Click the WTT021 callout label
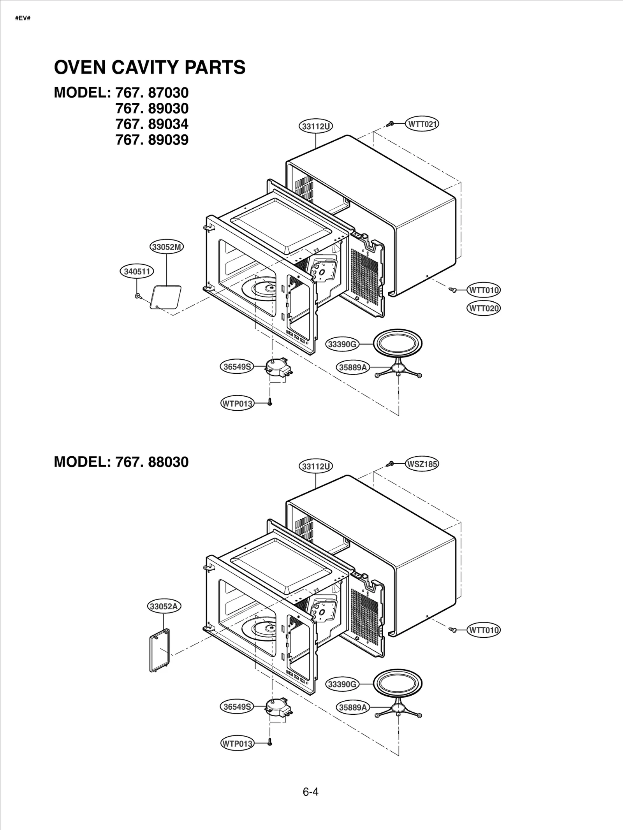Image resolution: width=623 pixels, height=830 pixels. click(x=422, y=124)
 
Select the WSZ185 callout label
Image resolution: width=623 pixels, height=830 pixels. click(x=422, y=464)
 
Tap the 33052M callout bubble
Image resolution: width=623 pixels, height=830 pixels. click(x=167, y=247)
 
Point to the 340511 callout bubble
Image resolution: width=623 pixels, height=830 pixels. click(x=137, y=271)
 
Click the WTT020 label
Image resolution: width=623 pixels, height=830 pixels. click(x=484, y=308)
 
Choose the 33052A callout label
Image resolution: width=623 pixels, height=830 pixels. click(x=164, y=606)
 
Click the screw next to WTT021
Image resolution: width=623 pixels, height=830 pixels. click(x=390, y=124)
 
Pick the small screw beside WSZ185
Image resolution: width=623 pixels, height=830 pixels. click(x=390, y=464)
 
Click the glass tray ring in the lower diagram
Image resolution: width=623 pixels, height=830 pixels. click(x=398, y=683)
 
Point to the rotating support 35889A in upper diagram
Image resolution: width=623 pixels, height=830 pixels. click(x=398, y=370)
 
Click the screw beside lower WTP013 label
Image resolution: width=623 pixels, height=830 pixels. click(x=269, y=742)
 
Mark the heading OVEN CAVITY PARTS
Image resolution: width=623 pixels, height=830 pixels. click(x=150, y=67)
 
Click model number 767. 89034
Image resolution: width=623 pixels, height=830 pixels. click(x=152, y=124)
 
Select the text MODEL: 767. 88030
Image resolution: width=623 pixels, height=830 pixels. click(x=121, y=462)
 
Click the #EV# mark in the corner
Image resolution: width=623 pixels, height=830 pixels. click(x=23, y=18)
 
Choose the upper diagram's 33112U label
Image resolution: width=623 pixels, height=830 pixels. click(x=316, y=126)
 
